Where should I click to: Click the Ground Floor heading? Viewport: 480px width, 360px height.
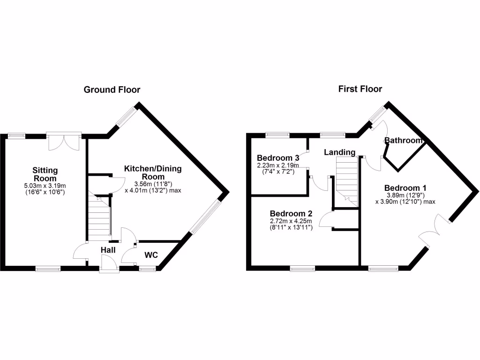click(x=112, y=90)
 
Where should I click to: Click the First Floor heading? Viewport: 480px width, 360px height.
click(x=360, y=89)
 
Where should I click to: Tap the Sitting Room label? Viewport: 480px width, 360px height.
click(x=45, y=174)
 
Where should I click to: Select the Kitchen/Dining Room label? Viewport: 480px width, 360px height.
click(x=152, y=172)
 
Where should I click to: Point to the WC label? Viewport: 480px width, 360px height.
click(x=150, y=255)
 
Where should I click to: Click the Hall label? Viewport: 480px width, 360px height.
click(x=108, y=250)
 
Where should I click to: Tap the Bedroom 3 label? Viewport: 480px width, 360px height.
click(x=274, y=157)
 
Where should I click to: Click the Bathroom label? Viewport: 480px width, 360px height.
click(x=403, y=141)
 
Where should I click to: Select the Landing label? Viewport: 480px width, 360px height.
click(x=339, y=152)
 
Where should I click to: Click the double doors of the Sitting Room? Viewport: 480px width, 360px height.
click(x=64, y=142)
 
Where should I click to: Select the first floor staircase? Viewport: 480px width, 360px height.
click(x=347, y=180)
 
